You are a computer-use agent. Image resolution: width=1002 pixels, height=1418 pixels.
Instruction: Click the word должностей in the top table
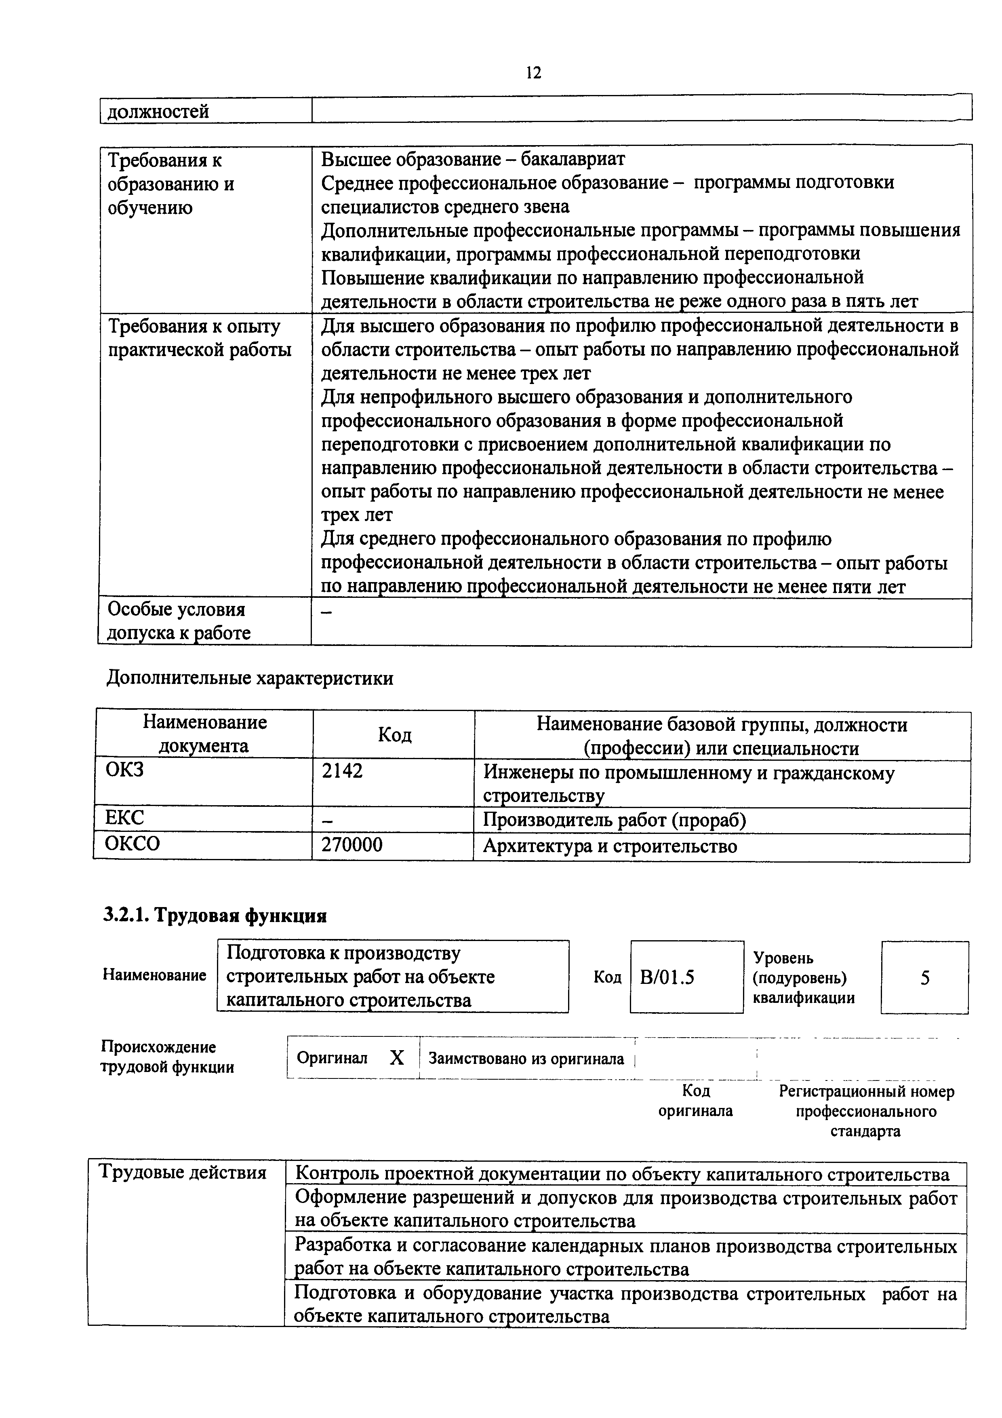[158, 112]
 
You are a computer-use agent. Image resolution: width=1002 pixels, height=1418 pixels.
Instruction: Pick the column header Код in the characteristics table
[394, 734]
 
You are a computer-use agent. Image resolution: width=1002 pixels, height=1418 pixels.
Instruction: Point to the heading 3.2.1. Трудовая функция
[214, 915]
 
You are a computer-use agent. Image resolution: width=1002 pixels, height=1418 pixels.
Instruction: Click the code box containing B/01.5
[686, 977]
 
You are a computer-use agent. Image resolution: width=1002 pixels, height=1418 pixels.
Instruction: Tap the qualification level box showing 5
[924, 977]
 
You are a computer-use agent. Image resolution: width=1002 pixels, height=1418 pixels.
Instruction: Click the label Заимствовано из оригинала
[526, 1059]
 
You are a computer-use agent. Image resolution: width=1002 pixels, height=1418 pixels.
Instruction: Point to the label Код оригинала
[695, 1101]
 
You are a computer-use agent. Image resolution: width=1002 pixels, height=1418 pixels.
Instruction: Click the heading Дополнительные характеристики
[249, 678]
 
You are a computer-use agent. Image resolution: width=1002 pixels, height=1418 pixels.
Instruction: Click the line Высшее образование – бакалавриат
[473, 159]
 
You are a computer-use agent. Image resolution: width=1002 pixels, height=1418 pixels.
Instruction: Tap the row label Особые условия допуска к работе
[179, 621]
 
